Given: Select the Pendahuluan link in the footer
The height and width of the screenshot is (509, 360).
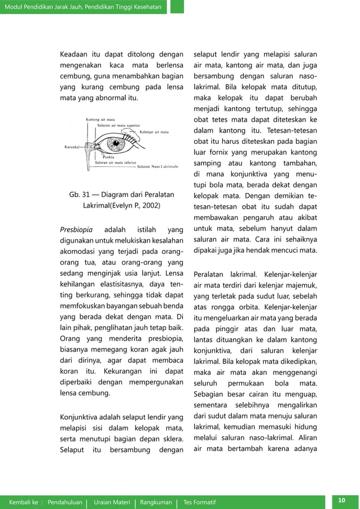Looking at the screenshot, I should click(65, 502).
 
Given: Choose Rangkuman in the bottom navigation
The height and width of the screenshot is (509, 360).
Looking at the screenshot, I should click(156, 502).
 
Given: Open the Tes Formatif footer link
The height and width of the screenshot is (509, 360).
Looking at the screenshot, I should click(199, 502).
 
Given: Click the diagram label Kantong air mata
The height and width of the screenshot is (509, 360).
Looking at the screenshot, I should click(100, 120).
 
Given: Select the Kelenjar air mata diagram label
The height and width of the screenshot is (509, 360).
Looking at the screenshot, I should click(153, 132).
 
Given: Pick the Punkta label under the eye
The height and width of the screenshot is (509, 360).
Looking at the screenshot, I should click(103, 157).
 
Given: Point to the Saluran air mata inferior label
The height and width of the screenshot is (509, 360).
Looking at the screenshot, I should click(115, 163).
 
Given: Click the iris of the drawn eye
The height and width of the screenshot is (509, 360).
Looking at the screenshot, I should click(120, 144).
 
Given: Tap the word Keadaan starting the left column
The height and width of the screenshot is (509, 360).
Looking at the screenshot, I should click(77, 55).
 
